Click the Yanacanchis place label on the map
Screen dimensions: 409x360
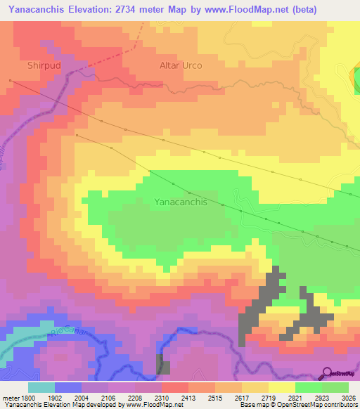pyautogui.click(x=180, y=202)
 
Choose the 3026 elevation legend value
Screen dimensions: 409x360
pyautogui.click(x=348, y=398)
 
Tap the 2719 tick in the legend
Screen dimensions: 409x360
pyautogui.click(x=269, y=398)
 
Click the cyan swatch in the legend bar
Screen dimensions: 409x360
pyautogui.click(x=41, y=387)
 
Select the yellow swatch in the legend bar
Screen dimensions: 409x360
pyautogui.click(x=282, y=387)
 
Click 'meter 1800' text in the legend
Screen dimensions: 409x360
pyautogui.click(x=15, y=398)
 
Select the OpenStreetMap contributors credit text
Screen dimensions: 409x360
pyautogui.click(x=316, y=405)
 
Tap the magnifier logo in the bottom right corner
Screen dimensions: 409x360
pyautogui.click(x=327, y=372)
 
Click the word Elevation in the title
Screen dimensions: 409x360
pyautogui.click(x=94, y=10)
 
